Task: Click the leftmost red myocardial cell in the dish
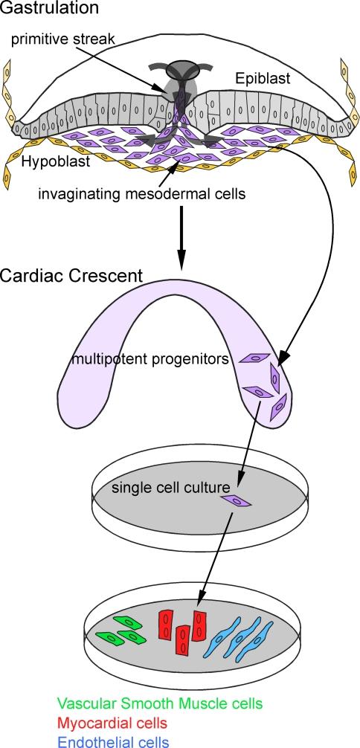(x=167, y=626)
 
